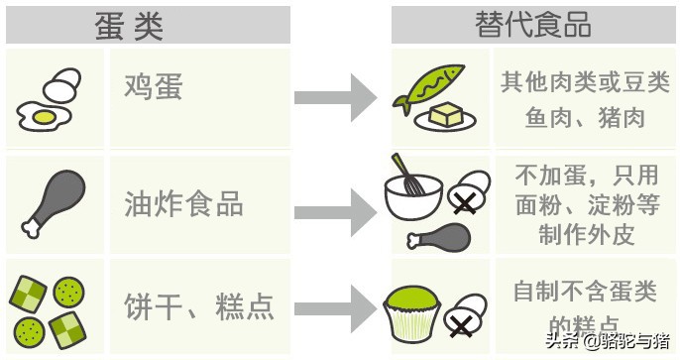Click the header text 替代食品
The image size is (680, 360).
[534, 24]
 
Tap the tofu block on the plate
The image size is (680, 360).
[446, 113]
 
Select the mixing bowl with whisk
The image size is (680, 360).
[412, 198]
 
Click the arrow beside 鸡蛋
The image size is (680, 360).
[336, 96]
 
